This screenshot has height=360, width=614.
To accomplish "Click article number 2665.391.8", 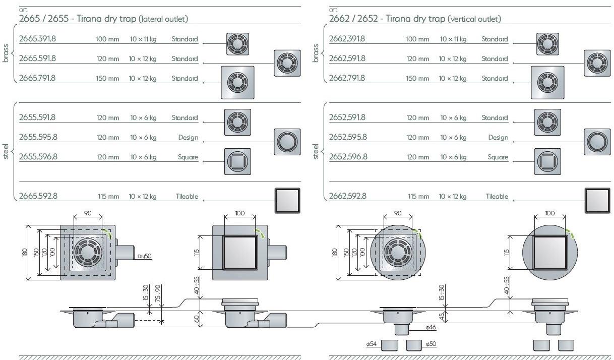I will point(37,39).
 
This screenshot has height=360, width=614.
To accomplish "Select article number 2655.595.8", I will point(38,137).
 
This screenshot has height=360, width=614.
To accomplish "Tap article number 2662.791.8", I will point(347,78).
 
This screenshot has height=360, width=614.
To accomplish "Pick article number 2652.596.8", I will point(348,157).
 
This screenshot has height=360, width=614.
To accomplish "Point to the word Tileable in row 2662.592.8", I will point(497,197).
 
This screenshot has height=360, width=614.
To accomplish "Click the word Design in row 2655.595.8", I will point(188,138).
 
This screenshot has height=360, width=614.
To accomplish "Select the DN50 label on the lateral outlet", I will point(144,256).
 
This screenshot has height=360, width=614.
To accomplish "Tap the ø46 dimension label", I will point(430,328).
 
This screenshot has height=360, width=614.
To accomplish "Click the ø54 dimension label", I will point(372,344).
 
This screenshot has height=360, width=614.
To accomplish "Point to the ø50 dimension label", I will point(431,344).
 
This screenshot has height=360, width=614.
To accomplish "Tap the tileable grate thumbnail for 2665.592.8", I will point(287,200).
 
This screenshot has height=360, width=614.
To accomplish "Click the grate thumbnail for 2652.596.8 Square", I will point(547,161).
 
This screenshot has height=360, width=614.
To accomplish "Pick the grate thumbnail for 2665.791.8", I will point(237,82).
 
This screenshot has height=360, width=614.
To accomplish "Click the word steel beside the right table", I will point(316,151).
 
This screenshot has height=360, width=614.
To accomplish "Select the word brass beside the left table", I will point(6,53).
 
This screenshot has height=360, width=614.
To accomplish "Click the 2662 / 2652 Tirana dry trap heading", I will point(414,19).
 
